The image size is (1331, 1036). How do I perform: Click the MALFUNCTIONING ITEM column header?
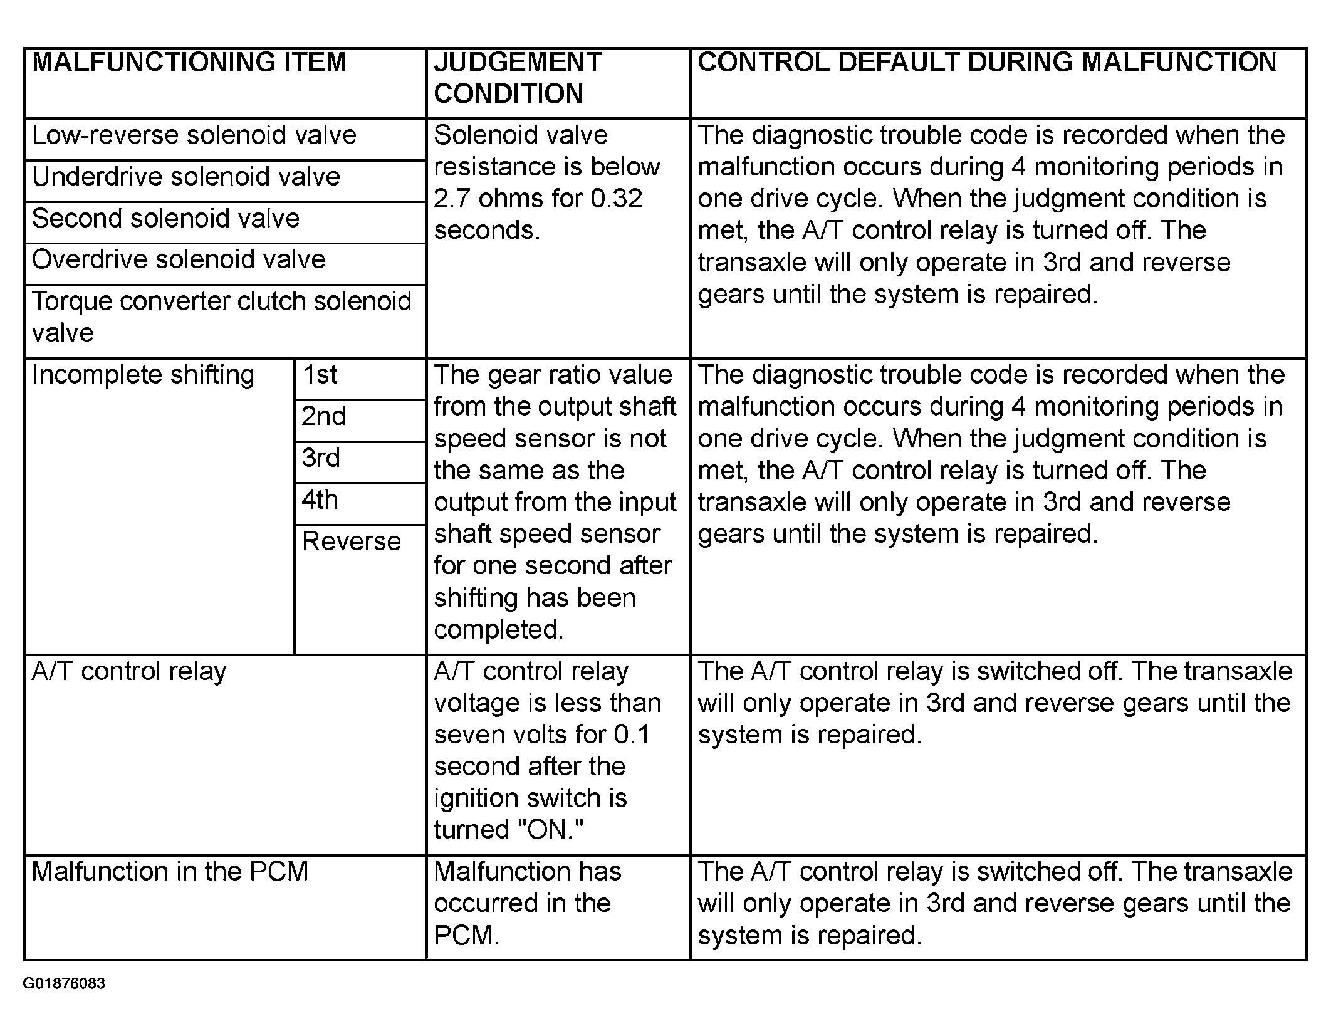189,63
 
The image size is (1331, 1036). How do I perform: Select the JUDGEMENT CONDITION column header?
518,78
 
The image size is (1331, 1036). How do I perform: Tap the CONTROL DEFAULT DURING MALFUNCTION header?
987,63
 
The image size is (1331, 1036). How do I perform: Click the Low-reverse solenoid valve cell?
194,135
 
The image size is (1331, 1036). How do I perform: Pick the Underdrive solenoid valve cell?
186,177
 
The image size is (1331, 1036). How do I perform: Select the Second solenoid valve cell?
166,219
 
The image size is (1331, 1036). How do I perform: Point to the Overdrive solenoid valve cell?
179,259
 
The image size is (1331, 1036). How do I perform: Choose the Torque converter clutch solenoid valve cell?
221,317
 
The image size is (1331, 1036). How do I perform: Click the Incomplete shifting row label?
144,375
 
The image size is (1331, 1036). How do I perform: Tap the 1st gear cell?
320,375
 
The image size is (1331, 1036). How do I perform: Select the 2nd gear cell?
323,417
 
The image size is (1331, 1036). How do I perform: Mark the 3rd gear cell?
321,458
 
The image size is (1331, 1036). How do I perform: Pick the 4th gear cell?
320,500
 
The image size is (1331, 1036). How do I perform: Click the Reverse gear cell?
352,542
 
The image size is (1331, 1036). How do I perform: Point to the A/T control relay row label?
129,671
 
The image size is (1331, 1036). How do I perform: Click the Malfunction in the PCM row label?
170,872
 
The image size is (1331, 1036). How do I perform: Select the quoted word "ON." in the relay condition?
551,830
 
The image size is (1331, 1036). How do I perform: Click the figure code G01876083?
64,983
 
